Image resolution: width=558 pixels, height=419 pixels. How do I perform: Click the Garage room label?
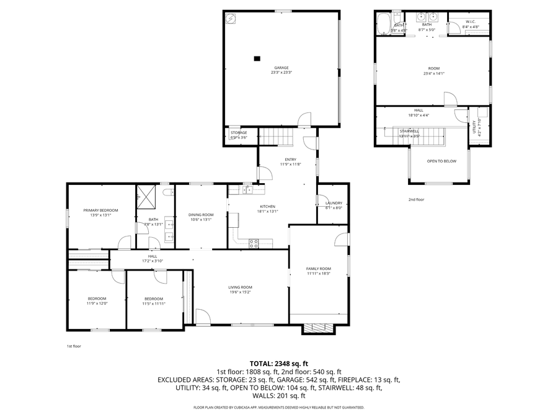tap(281, 68)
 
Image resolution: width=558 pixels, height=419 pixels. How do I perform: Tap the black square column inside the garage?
tap(256, 59)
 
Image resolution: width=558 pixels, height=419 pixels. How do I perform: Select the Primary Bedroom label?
tap(100, 210)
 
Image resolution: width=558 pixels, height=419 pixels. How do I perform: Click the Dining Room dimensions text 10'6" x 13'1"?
tap(200, 220)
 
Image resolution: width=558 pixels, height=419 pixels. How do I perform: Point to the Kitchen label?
tap(267, 206)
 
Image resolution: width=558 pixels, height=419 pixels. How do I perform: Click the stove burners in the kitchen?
tap(254, 243)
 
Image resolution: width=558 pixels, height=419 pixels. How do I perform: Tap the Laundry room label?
tap(334, 203)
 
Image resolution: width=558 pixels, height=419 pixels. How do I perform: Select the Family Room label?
tap(319, 268)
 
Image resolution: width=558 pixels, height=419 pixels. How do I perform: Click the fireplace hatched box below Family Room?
tap(317, 328)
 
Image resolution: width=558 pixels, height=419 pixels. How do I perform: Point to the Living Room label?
tap(240, 287)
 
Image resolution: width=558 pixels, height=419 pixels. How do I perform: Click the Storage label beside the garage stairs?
tap(239, 132)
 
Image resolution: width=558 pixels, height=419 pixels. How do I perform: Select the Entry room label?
tap(290, 159)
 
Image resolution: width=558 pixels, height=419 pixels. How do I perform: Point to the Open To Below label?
tap(441, 161)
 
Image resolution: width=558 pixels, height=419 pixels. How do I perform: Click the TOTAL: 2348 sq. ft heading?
tap(278, 364)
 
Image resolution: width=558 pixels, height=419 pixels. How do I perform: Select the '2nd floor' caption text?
tap(416, 199)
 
